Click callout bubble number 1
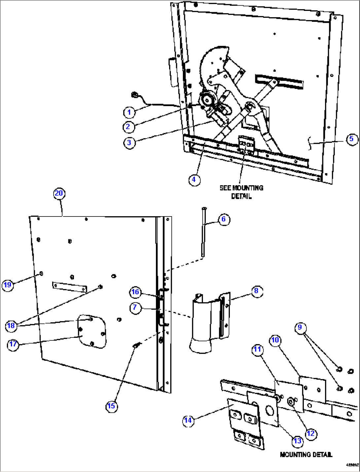[x=129, y=112]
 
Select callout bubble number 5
[x=351, y=139]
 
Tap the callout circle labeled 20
[x=59, y=193]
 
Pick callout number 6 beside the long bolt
[x=224, y=219]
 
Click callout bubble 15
[x=111, y=406]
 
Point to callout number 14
[x=188, y=420]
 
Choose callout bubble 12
[x=311, y=433]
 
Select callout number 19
[x=7, y=285]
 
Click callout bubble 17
[x=13, y=344]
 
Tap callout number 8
[x=256, y=291]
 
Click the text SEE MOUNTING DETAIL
[x=241, y=192]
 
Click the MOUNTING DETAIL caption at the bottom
[x=306, y=455]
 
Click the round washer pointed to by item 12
[x=291, y=402]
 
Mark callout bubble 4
[x=194, y=179]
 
